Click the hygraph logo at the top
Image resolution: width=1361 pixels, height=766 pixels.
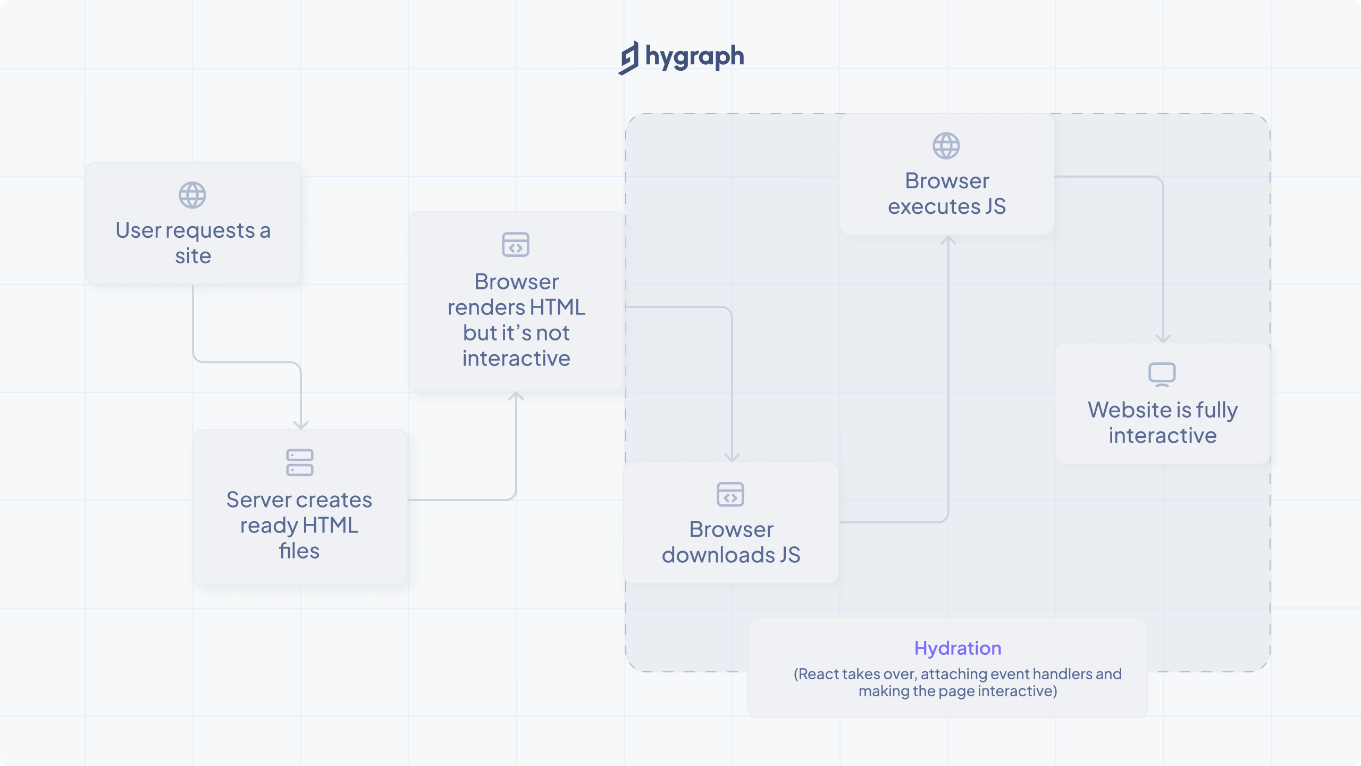pos(681,57)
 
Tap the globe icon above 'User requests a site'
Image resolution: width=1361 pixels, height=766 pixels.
pos(192,195)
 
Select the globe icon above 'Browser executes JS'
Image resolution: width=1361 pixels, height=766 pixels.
pos(946,146)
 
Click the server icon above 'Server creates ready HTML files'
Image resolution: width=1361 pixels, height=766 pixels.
pos(300,462)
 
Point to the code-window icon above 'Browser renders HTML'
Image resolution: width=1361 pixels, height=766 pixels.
pos(516,245)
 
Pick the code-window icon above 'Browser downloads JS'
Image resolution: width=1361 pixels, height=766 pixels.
pos(730,495)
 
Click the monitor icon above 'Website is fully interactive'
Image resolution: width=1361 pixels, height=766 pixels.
pos(1162,374)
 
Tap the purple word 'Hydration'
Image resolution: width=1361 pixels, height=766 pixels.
pos(957,648)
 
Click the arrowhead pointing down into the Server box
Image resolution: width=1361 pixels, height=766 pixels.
pos(301,424)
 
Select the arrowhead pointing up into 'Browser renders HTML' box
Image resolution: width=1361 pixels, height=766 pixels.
pos(516,397)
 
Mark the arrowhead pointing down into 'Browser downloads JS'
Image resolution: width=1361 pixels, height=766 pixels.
pos(732,457)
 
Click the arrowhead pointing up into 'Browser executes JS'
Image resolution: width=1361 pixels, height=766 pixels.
pos(948,241)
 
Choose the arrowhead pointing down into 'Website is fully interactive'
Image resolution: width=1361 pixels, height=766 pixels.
pos(1163,338)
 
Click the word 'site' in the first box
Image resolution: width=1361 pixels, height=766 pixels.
pos(193,256)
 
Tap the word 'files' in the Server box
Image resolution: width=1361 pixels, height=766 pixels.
pos(299,551)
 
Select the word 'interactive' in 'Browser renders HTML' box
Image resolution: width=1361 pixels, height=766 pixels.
pos(516,359)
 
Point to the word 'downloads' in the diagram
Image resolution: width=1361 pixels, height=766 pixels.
pos(718,555)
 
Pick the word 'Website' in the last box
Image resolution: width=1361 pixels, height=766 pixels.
pos(1129,410)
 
